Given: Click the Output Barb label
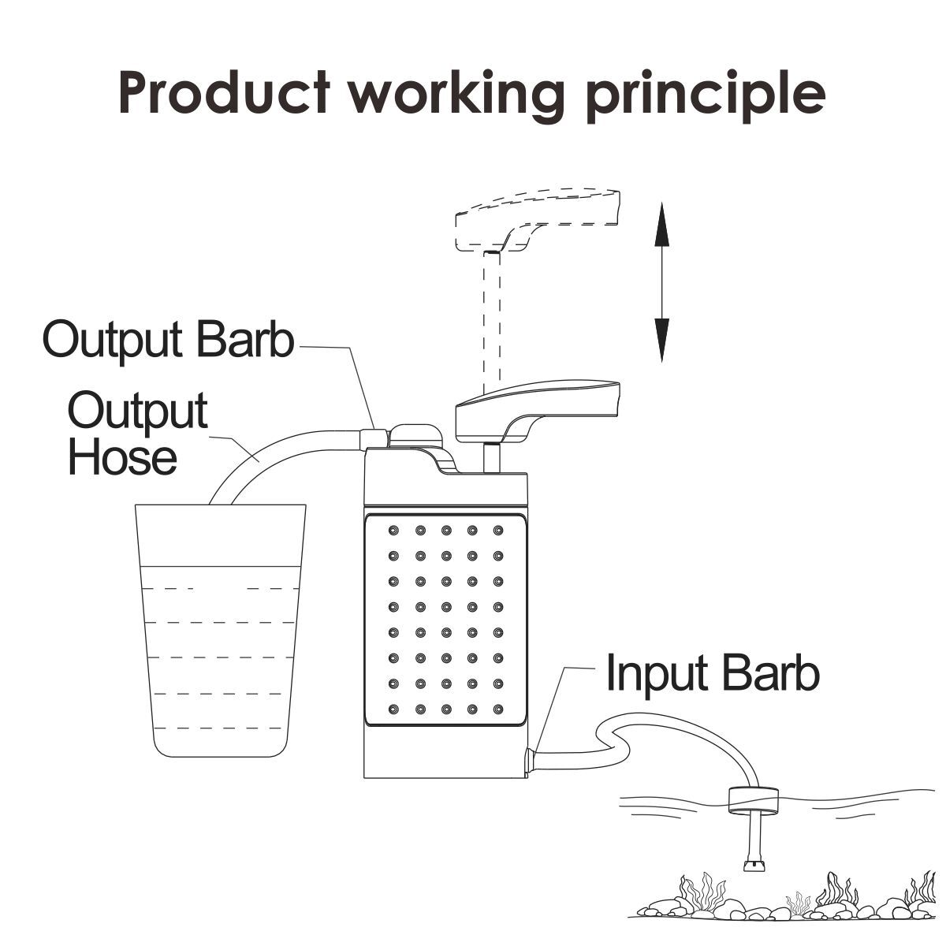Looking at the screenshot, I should click(x=168, y=340).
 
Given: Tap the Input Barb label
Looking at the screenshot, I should click(x=713, y=674).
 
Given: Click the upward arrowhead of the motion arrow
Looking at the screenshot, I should click(x=661, y=221).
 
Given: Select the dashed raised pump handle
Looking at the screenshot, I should click(x=536, y=221).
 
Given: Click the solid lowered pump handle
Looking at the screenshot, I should click(x=536, y=406).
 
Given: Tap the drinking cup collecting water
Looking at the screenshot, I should click(x=220, y=631).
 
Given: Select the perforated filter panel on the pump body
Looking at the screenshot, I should click(x=445, y=619).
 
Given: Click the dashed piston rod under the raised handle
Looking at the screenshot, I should click(x=490, y=315).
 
